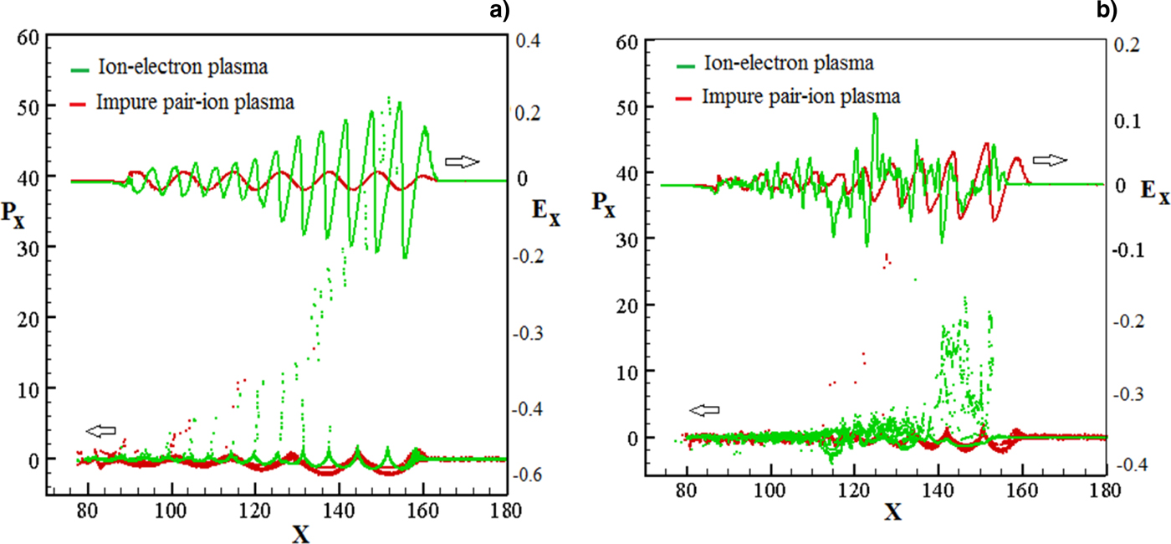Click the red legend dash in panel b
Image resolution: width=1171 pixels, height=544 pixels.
coord(683,97)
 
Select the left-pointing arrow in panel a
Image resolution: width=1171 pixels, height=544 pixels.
coord(101,430)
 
